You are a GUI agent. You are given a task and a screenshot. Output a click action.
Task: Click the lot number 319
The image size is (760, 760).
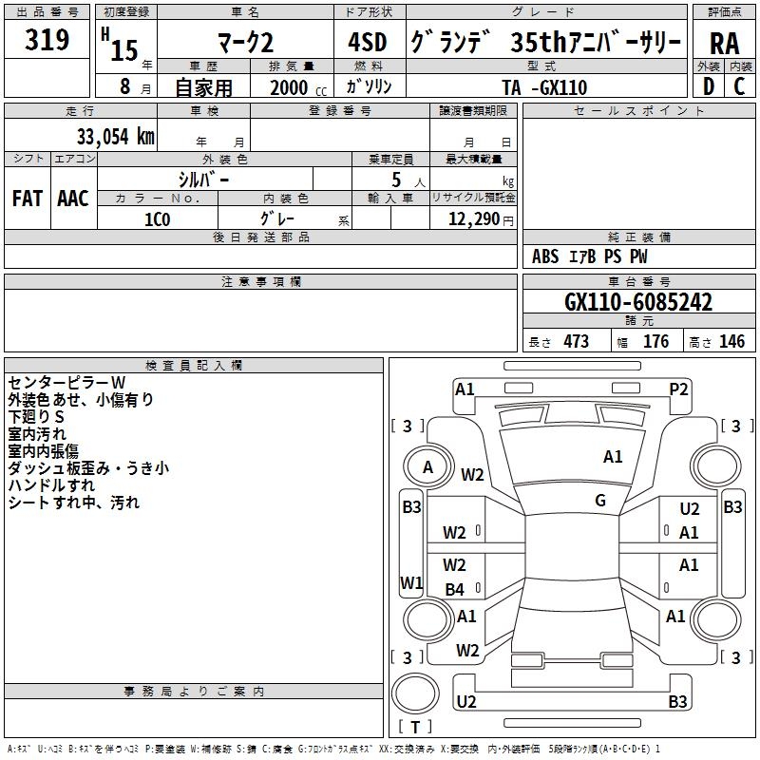coord(47,39)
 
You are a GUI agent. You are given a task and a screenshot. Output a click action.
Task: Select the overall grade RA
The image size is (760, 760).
coord(724,44)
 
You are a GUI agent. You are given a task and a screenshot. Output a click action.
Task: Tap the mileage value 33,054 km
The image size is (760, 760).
coord(116,137)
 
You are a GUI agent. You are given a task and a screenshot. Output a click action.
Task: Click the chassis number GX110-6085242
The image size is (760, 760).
coord(638,302)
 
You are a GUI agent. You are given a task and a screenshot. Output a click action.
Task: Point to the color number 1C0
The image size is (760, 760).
coord(158,219)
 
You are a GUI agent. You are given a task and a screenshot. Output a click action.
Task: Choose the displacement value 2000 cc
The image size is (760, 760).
coord(298,87)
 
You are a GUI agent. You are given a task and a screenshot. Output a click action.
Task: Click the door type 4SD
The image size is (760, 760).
coord(368,42)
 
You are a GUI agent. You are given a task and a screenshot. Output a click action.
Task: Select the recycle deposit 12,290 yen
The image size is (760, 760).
coord(481,219)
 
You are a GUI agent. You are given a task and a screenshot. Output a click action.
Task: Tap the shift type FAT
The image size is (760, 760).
coord(28,199)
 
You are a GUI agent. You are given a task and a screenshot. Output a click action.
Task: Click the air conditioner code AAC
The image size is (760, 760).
coord(73,199)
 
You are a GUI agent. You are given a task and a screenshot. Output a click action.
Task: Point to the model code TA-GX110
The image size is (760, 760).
coord(544,87)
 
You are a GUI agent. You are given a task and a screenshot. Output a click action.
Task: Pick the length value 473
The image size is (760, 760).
coord(577,342)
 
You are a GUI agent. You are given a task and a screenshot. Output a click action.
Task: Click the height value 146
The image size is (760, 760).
coord(731,342)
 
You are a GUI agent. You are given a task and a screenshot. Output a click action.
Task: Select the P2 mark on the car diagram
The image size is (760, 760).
coord(678,389)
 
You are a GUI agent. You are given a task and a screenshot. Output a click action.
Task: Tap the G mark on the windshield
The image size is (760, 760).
coord(600,501)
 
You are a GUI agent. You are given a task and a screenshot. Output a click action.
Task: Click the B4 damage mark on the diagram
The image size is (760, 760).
coord(455,589)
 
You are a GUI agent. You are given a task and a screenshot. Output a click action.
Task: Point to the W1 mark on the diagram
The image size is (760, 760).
coord(411,582)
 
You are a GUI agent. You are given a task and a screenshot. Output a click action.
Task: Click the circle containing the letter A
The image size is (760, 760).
coord(427,467)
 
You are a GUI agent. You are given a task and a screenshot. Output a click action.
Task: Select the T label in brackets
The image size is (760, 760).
coord(415,727)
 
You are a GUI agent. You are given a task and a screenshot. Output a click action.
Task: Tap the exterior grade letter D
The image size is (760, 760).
coord(709,86)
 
